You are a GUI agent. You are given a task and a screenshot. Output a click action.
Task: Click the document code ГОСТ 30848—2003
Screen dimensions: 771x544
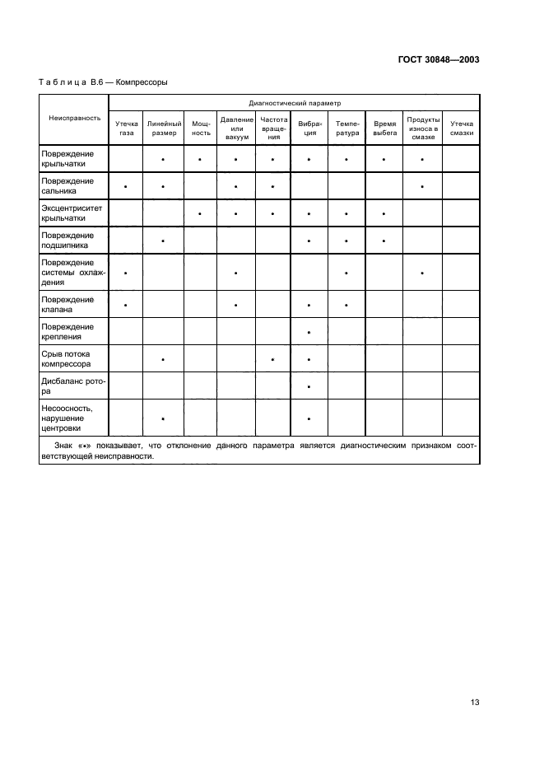coord(439,60)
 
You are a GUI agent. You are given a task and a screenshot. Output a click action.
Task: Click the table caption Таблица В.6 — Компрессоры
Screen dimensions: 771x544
coord(104,82)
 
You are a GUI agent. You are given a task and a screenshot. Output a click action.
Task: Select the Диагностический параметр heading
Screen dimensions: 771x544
coord(295,105)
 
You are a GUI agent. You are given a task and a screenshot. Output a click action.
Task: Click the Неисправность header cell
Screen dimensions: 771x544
coord(74,119)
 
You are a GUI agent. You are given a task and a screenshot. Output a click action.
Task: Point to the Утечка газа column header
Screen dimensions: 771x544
coord(126,128)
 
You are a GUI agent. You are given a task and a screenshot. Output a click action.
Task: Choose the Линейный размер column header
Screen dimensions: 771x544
coord(164,128)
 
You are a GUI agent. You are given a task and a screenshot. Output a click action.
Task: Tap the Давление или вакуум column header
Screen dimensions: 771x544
coord(236,128)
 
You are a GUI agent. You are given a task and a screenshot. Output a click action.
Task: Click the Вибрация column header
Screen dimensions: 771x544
coord(309,128)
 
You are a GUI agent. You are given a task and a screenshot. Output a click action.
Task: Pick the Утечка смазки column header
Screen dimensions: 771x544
coord(462,128)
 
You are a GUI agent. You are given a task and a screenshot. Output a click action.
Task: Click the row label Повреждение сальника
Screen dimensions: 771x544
coord(67,186)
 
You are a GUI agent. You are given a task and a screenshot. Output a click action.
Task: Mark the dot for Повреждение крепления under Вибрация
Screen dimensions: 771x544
coord(309,333)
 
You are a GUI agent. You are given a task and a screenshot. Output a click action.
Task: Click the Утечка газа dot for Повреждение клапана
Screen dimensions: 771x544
coord(126,306)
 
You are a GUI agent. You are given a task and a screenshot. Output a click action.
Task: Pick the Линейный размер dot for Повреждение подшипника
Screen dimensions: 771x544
coord(164,241)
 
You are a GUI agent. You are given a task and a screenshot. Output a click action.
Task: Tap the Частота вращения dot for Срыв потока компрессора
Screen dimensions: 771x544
coord(273,360)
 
